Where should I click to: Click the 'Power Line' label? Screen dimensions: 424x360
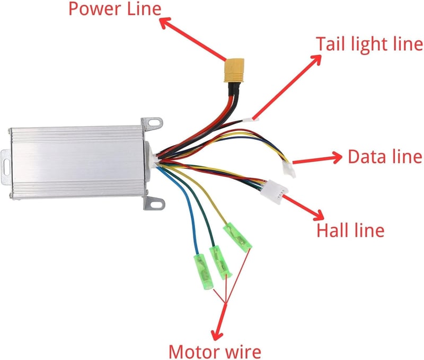click(115, 9)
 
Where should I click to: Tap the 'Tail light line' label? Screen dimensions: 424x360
click(369, 44)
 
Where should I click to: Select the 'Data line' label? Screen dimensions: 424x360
click(385, 156)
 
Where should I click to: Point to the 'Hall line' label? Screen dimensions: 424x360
click(350, 230)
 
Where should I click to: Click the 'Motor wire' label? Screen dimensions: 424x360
click(215, 352)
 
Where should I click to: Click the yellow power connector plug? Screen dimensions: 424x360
click(234, 70)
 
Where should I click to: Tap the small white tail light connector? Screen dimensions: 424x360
click(251, 119)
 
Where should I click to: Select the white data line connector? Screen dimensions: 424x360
click(288, 169)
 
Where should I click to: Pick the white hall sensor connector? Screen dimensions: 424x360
click(274, 192)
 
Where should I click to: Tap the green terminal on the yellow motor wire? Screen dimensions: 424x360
click(237, 237)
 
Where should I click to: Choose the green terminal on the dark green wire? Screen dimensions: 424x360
click(221, 263)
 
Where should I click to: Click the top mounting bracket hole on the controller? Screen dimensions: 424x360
click(155, 122)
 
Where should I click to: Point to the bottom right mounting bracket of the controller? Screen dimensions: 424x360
click(154, 203)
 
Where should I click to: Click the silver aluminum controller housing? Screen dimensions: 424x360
click(77, 163)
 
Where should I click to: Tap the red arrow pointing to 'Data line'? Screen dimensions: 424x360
click(317, 159)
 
